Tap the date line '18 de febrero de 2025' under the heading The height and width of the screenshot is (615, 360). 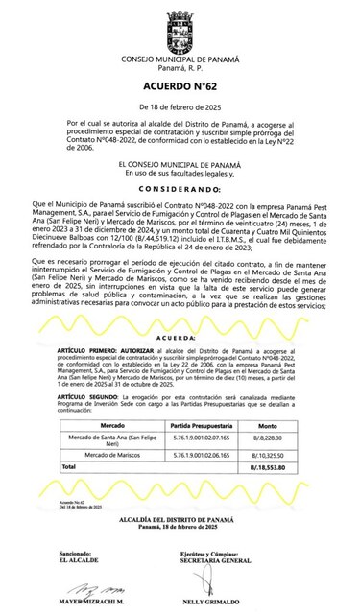180,106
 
